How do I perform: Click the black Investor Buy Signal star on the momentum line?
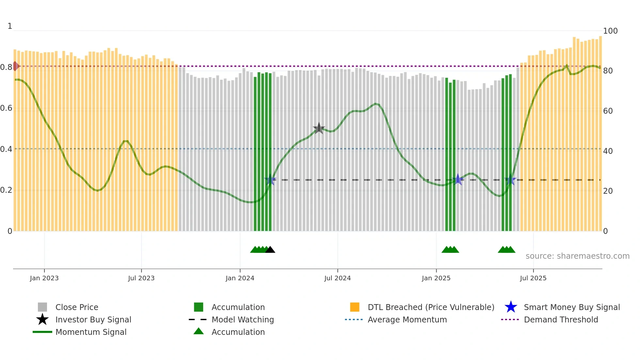319,128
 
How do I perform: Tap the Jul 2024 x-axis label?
337,278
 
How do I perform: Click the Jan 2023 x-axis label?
44,278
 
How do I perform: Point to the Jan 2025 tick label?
436,278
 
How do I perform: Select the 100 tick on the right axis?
610,31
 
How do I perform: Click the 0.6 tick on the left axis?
6,108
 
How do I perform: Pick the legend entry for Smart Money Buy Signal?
571,307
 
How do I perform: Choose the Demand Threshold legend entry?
561,319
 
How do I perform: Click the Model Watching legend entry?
242,319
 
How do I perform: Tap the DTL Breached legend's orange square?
355,307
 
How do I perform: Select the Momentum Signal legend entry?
91,332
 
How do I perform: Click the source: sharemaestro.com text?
577,256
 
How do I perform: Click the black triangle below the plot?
270,250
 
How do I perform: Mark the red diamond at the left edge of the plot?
15,66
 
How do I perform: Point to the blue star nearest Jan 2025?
458,180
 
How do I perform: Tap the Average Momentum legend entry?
407,319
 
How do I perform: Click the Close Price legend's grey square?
42,307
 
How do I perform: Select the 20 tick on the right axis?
608,191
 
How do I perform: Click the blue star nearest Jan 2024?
270,180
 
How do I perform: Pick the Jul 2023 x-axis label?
141,278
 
